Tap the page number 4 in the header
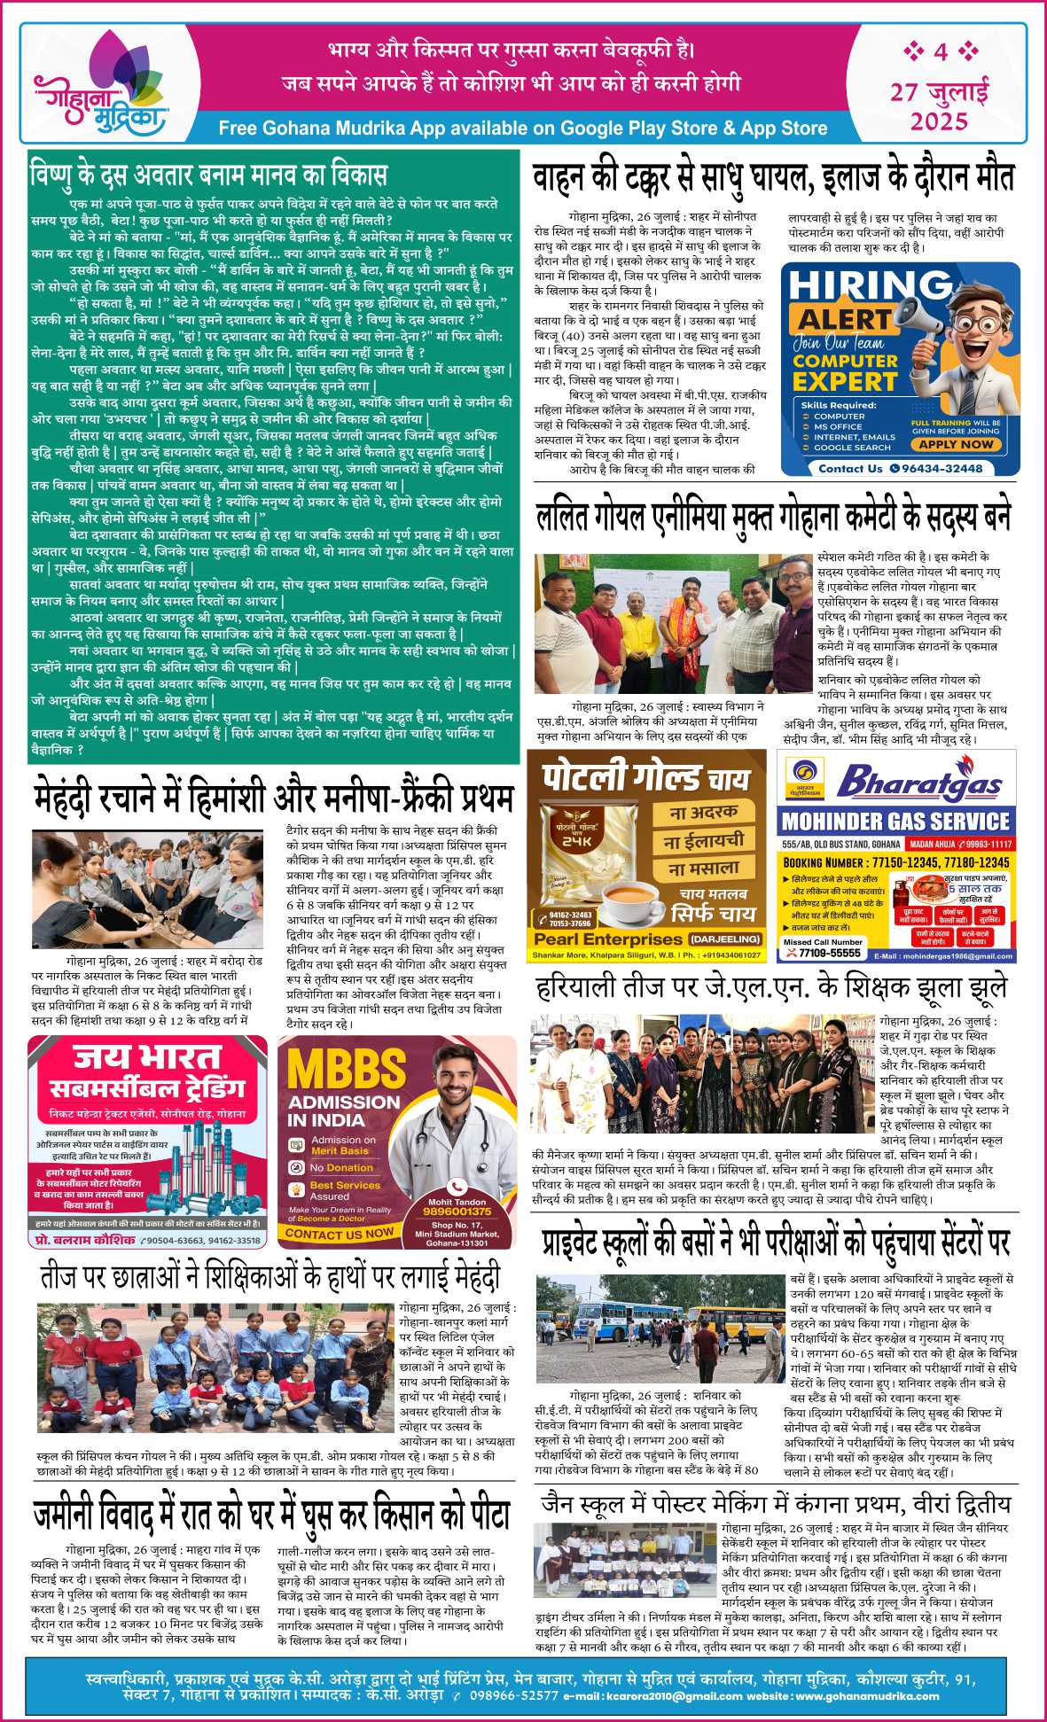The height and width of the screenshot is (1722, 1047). click(x=941, y=52)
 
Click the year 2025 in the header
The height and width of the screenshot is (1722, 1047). click(x=939, y=121)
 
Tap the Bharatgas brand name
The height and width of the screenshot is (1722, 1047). click(x=918, y=783)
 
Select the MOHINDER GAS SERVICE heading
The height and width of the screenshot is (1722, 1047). click(x=895, y=821)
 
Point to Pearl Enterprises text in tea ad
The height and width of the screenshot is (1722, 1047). click(x=608, y=939)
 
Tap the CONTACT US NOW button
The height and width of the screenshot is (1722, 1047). click(x=340, y=1233)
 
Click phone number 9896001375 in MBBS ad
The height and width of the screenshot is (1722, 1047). click(x=457, y=1211)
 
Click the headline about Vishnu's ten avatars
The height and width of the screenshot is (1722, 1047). click(x=209, y=173)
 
